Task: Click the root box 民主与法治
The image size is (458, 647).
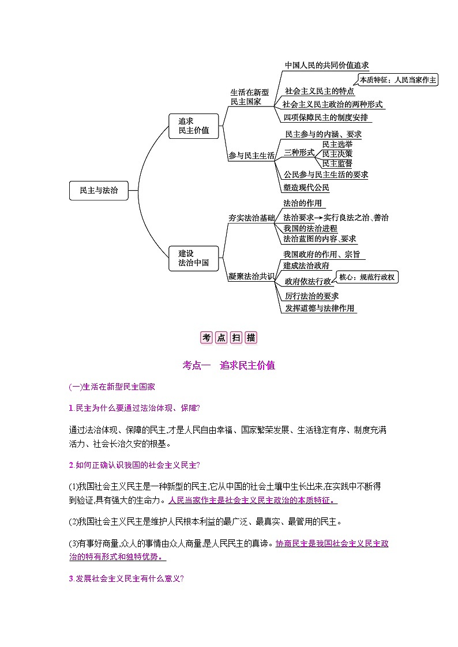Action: (99, 190)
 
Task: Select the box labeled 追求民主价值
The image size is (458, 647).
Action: (193, 126)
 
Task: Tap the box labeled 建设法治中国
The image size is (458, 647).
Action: (193, 259)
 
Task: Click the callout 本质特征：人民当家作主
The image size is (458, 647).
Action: (397, 80)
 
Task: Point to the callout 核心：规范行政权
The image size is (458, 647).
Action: (367, 277)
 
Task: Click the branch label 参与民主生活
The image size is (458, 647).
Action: (251, 155)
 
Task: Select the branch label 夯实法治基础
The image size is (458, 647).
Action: (251, 218)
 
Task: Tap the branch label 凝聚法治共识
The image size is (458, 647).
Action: (251, 277)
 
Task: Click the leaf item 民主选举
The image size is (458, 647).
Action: (337, 143)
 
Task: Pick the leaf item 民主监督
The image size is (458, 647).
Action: (337, 164)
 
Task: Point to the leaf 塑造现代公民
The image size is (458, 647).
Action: (306, 187)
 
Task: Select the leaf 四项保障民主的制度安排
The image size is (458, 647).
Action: (325, 118)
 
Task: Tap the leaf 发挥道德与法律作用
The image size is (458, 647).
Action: (320, 308)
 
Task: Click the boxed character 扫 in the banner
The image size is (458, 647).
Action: (236, 338)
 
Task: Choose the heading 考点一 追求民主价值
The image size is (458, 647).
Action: (229, 365)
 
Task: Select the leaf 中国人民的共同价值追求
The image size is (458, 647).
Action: (326, 66)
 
